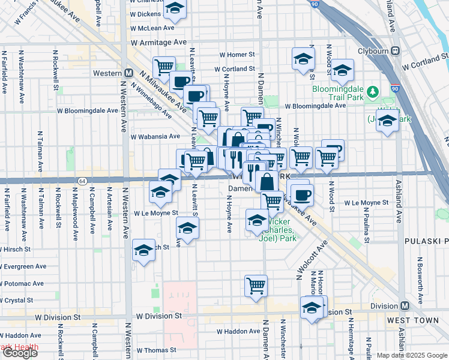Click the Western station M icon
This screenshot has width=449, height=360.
[128, 73]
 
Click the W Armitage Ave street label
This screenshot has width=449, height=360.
[159, 43]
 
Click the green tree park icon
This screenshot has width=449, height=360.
[373, 91]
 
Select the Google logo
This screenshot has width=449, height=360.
[20, 353]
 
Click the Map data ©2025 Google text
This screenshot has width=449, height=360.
[411, 355]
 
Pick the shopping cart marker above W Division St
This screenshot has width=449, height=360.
[256, 285]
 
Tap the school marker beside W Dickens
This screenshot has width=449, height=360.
[175, 8]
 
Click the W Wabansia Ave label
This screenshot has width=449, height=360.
[155, 136]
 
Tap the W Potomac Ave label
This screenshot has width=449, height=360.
[22, 283]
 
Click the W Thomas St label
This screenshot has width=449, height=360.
[156, 350]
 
